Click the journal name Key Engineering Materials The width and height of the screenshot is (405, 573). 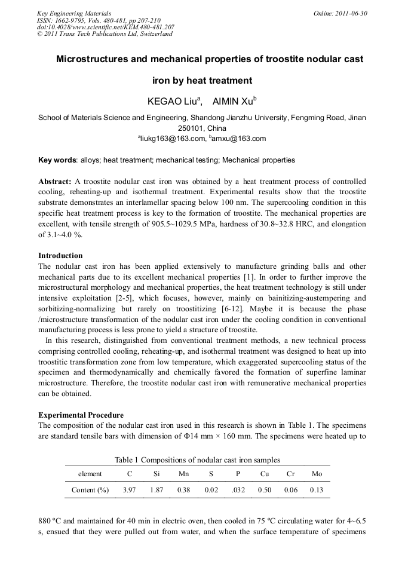[x=74, y=13]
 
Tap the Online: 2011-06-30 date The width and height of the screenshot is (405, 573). [x=340, y=13]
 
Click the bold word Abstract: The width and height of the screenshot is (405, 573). [x=55, y=181]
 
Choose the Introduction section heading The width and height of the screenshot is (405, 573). [x=60, y=256]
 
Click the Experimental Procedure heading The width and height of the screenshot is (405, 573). [x=81, y=415]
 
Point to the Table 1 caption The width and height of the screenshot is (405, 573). [x=197, y=459]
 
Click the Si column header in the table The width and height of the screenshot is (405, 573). [x=157, y=474]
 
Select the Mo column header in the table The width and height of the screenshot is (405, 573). [x=317, y=474]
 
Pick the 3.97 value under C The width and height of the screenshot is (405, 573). [x=129, y=490]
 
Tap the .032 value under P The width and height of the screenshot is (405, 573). [x=238, y=490]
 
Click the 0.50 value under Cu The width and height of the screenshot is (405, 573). [x=265, y=490]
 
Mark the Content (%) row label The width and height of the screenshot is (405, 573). [x=90, y=490]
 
